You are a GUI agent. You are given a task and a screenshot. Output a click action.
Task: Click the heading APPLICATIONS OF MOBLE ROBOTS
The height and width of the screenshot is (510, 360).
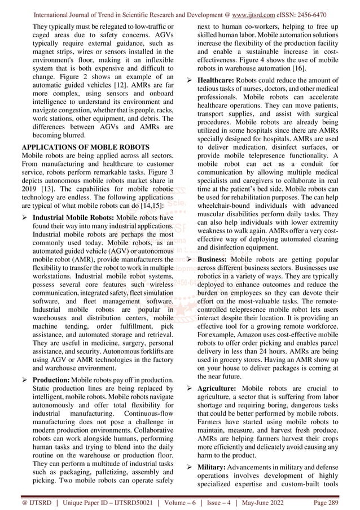(85, 149)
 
